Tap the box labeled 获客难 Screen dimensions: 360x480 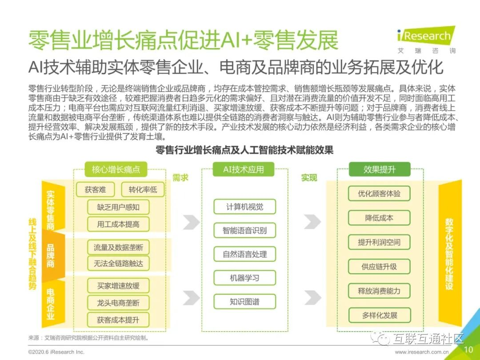coord(96,190)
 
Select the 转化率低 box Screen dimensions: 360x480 coord(143,190)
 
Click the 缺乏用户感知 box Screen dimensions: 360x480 coord(118,207)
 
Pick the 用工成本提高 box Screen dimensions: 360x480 coord(118,224)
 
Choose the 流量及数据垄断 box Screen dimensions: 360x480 coord(118,247)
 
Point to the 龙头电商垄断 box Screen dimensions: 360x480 coord(118,303)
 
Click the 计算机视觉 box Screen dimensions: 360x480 coord(244,207)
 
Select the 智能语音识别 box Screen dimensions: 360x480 coord(244,231)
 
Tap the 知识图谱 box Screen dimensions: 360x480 coord(244,302)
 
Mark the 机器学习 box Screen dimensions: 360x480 coord(244,278)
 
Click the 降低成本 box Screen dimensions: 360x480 coord(379,218)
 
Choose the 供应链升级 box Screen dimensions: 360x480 coord(379,267)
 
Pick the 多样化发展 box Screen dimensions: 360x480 coord(379,316)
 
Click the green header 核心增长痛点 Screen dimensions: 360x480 coord(116,169)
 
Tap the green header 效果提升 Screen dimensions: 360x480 coord(379,169)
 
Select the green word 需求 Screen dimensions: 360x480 coord(180,178)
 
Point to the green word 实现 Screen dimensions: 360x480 coord(309,178)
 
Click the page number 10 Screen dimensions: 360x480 coord(468,350)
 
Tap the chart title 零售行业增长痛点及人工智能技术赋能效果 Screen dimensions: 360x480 coord(244,150)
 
